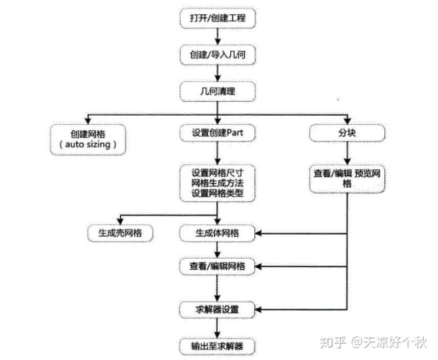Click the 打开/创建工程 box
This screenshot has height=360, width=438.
217,19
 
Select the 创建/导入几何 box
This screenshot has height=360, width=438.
217,54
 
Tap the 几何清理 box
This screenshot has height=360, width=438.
217,92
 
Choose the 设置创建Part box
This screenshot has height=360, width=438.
217,133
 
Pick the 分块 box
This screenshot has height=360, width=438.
347,133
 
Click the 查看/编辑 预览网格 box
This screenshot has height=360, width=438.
347,178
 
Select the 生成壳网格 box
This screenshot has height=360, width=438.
120,233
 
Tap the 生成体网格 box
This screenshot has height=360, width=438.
217,233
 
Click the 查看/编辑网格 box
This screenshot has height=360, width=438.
217,266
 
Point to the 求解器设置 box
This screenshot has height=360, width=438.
217,309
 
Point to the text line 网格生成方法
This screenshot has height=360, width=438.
217,183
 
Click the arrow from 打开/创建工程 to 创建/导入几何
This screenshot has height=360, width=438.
218,36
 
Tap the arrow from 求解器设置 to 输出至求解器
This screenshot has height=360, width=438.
218,328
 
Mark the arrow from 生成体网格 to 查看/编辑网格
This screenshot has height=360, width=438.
218,249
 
